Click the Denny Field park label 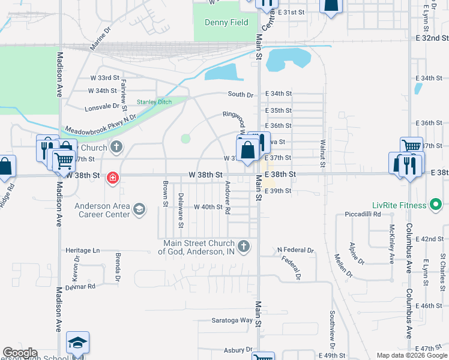(x=226, y=23)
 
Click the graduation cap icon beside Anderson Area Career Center (x=139, y=209)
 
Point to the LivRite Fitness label (x=402, y=206)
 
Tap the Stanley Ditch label (x=154, y=102)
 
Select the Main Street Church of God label (x=199, y=247)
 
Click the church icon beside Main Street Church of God (x=244, y=246)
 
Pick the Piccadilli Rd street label (x=363, y=214)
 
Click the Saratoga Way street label (x=232, y=320)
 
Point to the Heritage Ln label (x=83, y=250)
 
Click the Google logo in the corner (x=20, y=353)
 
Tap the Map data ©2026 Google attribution (x=412, y=355)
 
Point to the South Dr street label (x=241, y=94)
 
